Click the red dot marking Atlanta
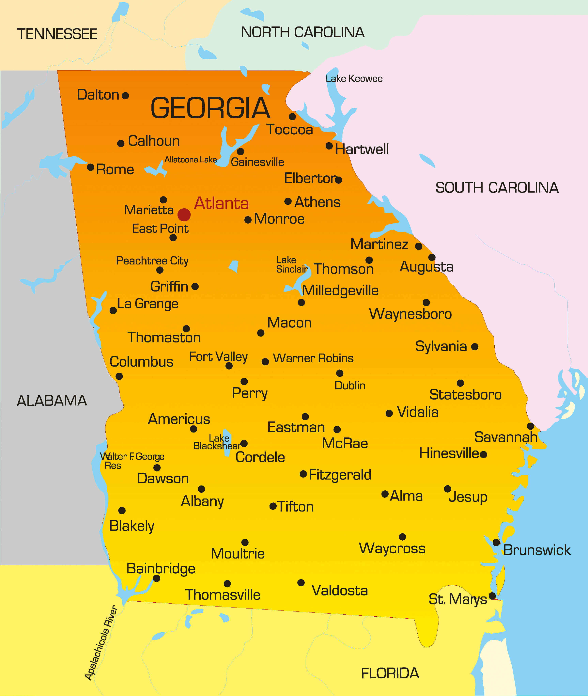pos(184,215)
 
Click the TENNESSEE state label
pos(57,34)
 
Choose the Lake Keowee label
pos(354,79)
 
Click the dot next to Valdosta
pos(301,583)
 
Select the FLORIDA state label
pos(390,673)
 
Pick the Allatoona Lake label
pos(191,160)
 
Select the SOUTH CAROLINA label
pos(497,188)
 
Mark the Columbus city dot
pos(119,376)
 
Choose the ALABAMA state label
pos(52,401)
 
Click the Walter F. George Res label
pos(132,460)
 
